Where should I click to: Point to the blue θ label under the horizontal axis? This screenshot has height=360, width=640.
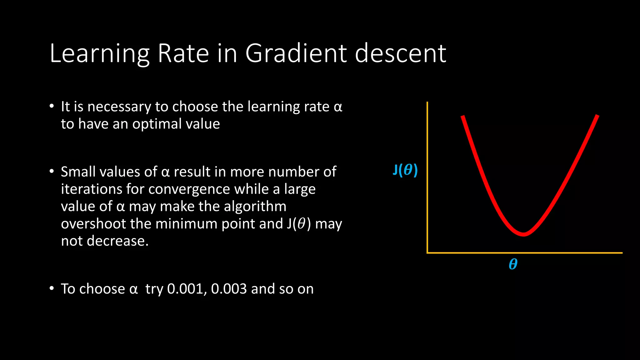(x=513, y=264)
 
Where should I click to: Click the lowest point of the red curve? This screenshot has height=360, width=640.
(x=524, y=234)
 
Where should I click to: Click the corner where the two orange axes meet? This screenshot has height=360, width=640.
(x=427, y=252)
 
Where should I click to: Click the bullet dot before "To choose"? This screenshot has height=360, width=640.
(x=52, y=288)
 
